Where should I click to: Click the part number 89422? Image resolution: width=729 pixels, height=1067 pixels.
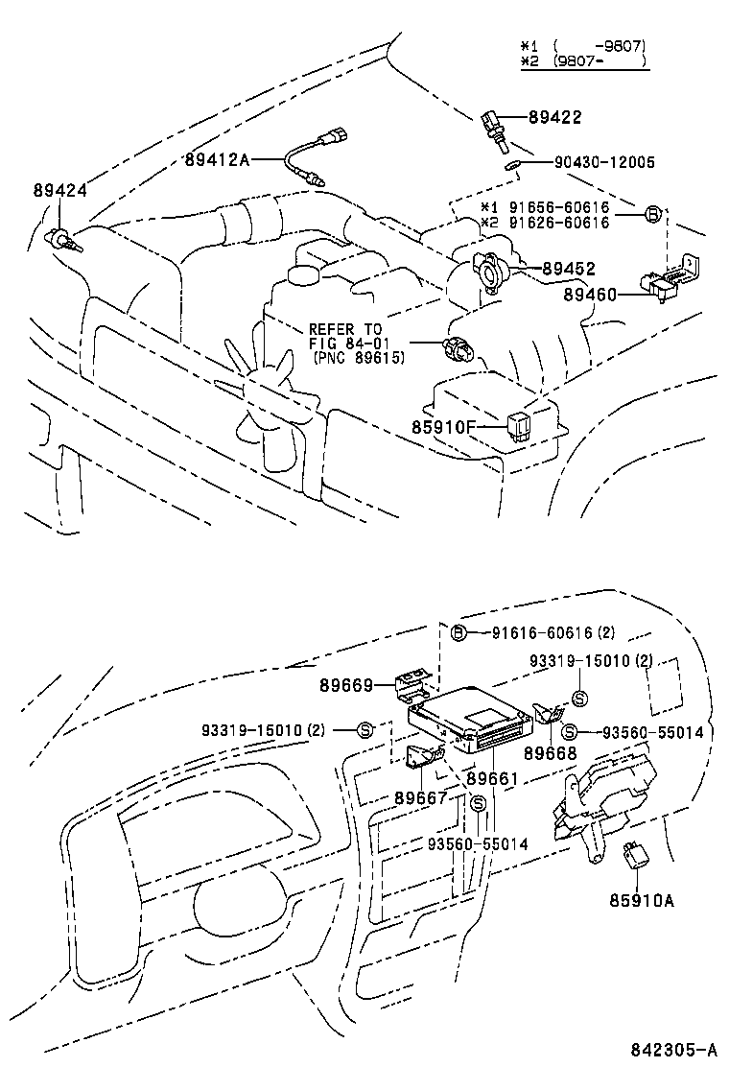click(554, 117)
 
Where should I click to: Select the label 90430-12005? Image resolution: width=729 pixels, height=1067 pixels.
click(603, 163)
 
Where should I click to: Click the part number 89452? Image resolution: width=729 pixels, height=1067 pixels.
click(568, 270)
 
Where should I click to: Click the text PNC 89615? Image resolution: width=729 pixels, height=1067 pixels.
click(359, 357)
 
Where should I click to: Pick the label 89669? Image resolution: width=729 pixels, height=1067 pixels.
click(344, 685)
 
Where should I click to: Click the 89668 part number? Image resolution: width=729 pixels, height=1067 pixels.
click(551, 753)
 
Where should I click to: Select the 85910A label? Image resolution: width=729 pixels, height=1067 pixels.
click(642, 901)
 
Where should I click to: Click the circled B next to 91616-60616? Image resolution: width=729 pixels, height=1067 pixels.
click(459, 632)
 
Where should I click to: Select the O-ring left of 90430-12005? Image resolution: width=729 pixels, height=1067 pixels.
click(513, 164)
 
